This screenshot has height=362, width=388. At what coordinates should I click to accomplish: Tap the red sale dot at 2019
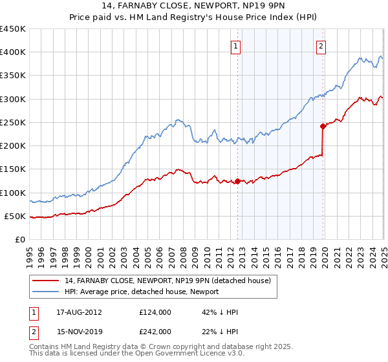pyautogui.click(x=323, y=127)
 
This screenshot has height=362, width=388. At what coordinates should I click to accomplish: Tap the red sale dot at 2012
pyautogui.click(x=237, y=182)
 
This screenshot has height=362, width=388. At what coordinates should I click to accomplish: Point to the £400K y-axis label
pyautogui.click(x=13, y=52)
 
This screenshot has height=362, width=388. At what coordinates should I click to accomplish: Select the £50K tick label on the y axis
pyautogui.click(x=15, y=217)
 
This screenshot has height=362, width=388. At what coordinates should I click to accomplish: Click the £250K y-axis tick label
pyautogui.click(x=13, y=123)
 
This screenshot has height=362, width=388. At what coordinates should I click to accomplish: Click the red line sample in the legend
pyautogui.click(x=46, y=280)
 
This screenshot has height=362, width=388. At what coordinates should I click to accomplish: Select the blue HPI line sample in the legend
pyautogui.click(x=46, y=292)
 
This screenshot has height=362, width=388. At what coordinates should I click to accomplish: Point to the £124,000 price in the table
pyautogui.click(x=155, y=312)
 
